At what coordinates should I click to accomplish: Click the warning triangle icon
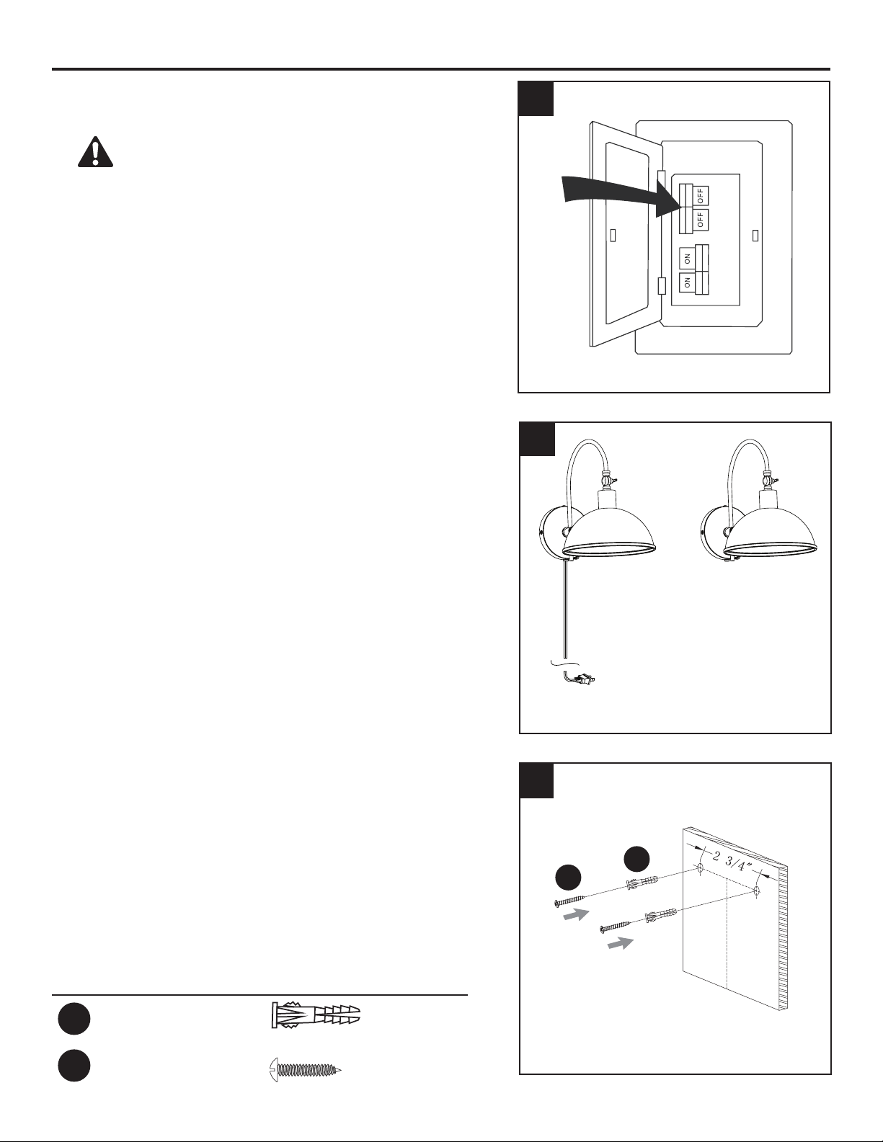point(96,152)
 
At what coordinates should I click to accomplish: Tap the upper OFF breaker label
point(701,195)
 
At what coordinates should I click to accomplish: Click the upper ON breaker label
point(687,259)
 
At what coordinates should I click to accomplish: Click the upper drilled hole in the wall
point(700,869)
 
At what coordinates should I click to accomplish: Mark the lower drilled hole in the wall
point(756,891)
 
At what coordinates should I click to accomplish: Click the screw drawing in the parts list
point(305,1069)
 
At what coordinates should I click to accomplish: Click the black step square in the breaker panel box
point(536,98)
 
